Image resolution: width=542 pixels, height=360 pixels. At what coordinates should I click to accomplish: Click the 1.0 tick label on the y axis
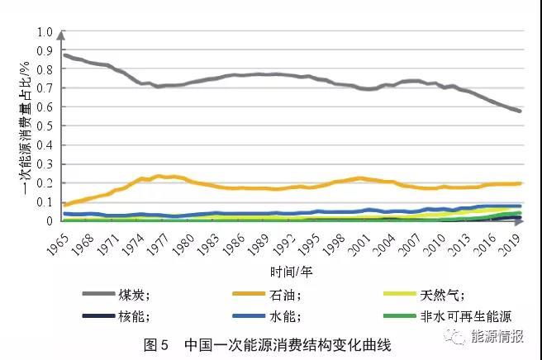coord(45,32)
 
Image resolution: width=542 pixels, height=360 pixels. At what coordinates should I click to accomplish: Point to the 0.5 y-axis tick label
coord(45,126)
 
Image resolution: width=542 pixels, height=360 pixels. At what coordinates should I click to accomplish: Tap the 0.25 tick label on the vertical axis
coord(42,173)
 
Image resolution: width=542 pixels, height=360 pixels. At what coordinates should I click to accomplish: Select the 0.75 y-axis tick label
coord(42,79)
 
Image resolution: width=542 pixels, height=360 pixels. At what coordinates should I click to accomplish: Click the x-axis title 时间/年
coord(292,270)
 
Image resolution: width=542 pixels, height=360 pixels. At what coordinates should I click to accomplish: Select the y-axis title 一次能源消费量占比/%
coord(25,127)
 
